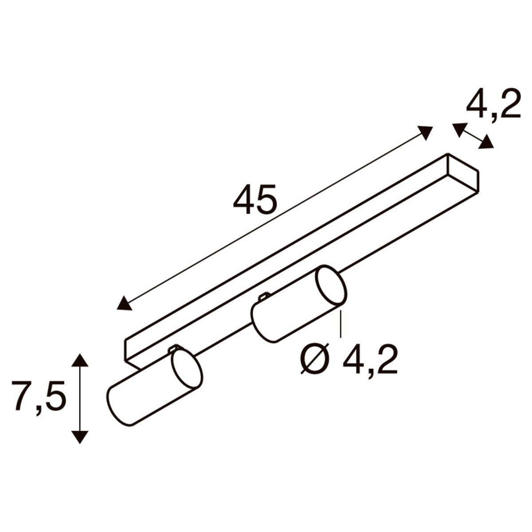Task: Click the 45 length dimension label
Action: [254, 199]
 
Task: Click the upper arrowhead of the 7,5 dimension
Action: [80, 360]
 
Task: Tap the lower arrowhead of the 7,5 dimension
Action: [80, 437]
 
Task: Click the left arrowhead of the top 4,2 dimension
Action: [458, 130]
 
